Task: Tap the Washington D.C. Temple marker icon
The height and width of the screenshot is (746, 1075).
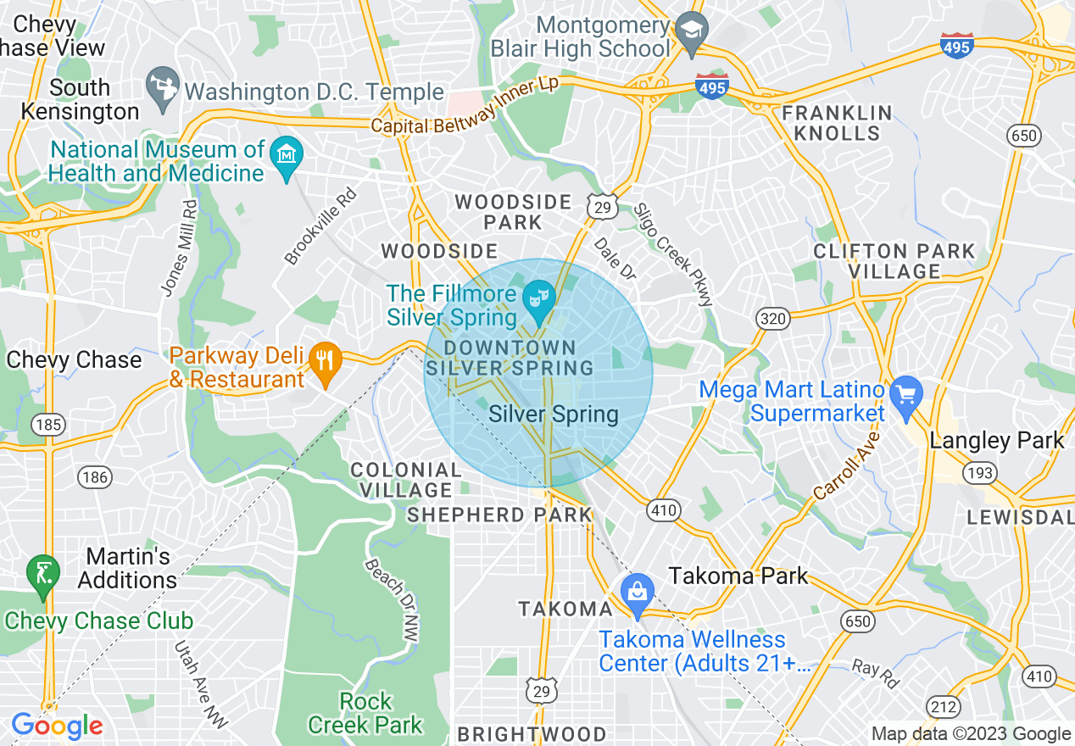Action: (x=161, y=89)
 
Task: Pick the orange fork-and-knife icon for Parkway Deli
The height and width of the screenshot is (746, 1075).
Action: (x=324, y=364)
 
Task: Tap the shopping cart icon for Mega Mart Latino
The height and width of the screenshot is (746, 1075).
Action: (x=906, y=398)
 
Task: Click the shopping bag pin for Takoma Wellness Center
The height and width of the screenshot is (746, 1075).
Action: (x=636, y=595)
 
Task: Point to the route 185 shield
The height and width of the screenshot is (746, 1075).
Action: (x=48, y=424)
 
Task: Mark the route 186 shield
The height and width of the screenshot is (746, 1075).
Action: (x=94, y=477)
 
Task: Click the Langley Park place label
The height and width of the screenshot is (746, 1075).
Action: (x=996, y=441)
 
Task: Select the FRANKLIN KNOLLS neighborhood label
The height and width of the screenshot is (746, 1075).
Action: (x=837, y=123)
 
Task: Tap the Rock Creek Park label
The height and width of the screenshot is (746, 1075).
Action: (x=365, y=713)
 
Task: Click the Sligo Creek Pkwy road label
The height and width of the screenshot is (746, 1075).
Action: (x=676, y=254)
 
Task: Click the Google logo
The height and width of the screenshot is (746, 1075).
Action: (x=57, y=726)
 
